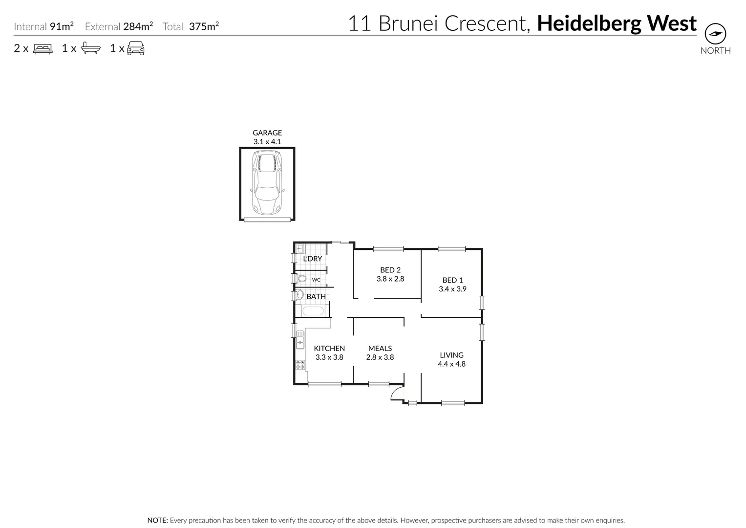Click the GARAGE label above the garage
267,133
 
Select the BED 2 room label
390,270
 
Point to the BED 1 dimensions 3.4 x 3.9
452,289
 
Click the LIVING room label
451,355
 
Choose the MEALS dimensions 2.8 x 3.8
380,357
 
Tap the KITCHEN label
329,349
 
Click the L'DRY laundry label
312,259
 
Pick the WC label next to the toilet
316,280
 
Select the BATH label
316,296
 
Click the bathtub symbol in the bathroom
313,311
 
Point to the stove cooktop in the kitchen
300,366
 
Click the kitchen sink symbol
300,339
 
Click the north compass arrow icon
715,34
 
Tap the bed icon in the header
43,48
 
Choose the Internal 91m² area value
62,26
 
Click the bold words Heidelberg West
617,23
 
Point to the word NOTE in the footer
157,520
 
